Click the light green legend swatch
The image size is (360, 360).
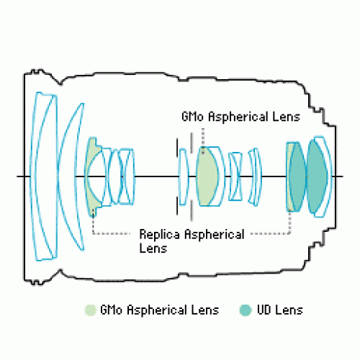tap(91, 310)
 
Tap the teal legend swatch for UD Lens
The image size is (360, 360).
tap(246, 310)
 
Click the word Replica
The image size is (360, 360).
tap(159, 235)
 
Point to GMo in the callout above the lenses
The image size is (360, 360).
tap(192, 117)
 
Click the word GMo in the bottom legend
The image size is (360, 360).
tap(111, 310)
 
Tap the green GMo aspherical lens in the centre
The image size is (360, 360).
tap(206, 176)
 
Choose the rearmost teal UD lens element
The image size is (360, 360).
tap(316, 176)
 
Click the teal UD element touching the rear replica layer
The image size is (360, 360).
tap(297, 177)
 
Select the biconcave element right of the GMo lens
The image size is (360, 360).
tap(235, 176)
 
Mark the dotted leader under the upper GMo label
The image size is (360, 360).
tap(203, 140)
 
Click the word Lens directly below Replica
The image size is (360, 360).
tap(153, 248)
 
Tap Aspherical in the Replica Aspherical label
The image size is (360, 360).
tap(215, 235)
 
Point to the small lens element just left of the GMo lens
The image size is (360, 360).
tap(184, 177)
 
